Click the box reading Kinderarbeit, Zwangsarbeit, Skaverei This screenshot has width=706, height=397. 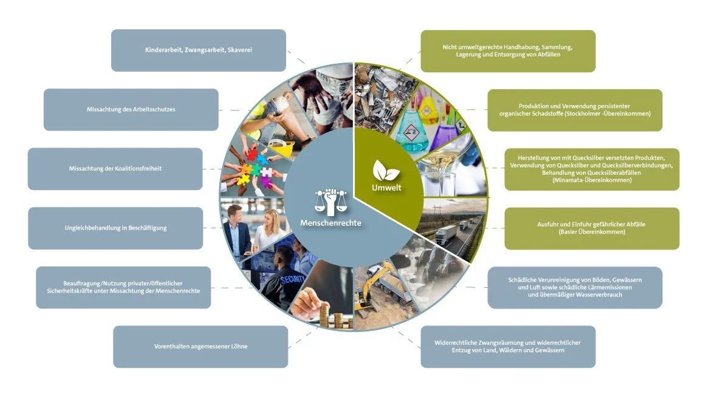coord(199,50)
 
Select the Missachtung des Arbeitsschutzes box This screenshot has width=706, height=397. coord(131,110)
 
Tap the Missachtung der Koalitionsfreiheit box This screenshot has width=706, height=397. coord(115,169)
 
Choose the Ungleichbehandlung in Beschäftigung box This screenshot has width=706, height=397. coord(115,228)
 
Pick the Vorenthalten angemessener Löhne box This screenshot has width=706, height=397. coord(200,347)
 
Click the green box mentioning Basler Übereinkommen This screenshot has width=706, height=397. coord(592,228)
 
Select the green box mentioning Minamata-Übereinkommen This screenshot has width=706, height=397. coord(592,169)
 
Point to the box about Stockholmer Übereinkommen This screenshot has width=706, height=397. coord(575,110)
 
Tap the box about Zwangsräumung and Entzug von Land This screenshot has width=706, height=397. coord(508,347)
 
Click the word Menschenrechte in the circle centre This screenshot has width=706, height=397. coord(331,223)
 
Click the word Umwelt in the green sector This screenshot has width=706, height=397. coord(386,188)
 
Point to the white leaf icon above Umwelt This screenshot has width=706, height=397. coord(385,171)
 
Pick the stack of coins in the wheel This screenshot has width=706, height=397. coord(336,317)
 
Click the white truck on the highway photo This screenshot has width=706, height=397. coord(446,234)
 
